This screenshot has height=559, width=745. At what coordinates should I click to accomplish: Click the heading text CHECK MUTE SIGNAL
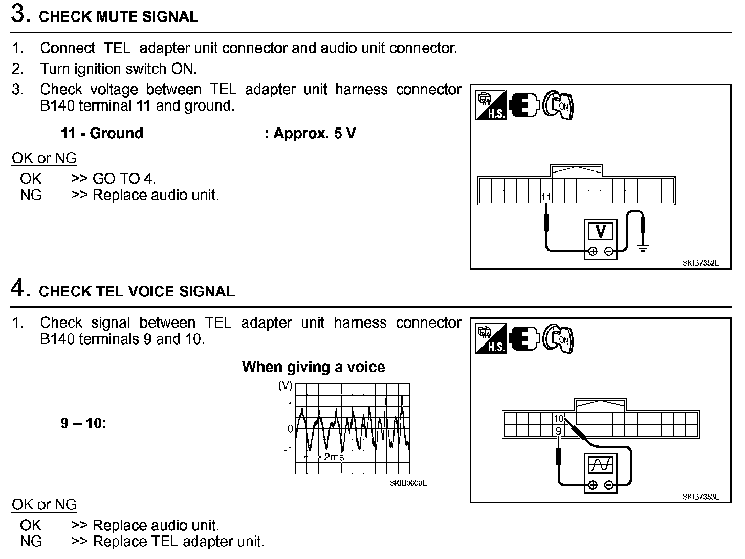click(x=118, y=17)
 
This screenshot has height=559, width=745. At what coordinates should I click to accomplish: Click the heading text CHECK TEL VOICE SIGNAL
click(x=137, y=291)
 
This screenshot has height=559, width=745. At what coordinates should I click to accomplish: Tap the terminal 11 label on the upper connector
click(x=546, y=197)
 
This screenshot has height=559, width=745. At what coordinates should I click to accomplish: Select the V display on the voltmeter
click(x=601, y=231)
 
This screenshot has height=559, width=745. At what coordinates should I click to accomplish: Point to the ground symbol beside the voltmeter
click(x=643, y=249)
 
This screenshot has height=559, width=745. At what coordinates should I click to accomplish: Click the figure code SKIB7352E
click(x=700, y=263)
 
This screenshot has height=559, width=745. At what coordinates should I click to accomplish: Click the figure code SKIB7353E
click(x=700, y=497)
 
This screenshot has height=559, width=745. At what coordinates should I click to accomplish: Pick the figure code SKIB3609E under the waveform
click(x=408, y=483)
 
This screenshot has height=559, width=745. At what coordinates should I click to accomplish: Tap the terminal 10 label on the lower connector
click(x=558, y=419)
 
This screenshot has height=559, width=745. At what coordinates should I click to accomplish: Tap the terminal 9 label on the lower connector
click(x=558, y=431)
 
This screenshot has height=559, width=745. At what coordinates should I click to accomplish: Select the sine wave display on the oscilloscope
click(x=601, y=465)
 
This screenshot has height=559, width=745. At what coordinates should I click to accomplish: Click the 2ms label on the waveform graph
click(x=334, y=457)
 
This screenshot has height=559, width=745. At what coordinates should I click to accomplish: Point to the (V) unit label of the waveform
click(x=285, y=385)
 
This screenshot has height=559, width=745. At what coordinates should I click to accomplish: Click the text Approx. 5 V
click(x=314, y=134)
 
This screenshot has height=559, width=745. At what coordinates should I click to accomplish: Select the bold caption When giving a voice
click(x=313, y=367)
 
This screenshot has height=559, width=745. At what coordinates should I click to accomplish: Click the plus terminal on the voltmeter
click(x=593, y=251)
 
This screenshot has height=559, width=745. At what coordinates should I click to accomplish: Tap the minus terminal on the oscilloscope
click(x=609, y=485)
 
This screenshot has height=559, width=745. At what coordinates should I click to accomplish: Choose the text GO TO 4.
click(x=124, y=179)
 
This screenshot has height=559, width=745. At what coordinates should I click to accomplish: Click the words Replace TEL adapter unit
click(x=179, y=542)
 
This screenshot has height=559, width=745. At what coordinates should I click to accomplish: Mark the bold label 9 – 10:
click(x=83, y=424)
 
